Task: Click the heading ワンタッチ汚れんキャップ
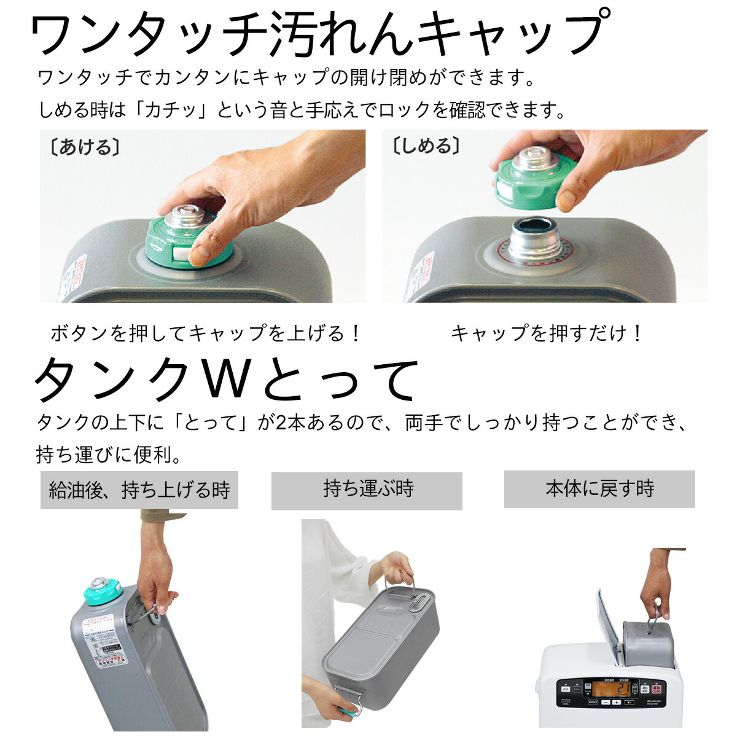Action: tap(319, 35)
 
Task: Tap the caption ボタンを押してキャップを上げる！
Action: tap(206, 333)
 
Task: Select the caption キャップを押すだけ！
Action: tap(547, 333)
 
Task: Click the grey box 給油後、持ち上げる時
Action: tap(139, 490)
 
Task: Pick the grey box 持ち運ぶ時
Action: tap(367, 490)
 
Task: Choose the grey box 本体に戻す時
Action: tap(599, 489)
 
